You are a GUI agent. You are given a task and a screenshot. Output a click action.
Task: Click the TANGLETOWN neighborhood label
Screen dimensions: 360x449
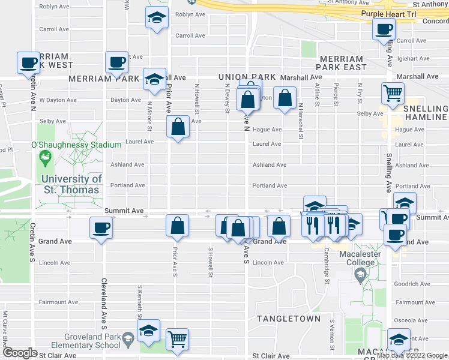point(288,319)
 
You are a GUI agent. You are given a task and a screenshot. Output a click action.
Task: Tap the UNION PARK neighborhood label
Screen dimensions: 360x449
point(247,77)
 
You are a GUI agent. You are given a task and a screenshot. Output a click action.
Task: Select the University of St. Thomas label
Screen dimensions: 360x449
point(71,184)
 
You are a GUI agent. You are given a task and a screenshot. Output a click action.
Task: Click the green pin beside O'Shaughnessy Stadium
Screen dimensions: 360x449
point(44,158)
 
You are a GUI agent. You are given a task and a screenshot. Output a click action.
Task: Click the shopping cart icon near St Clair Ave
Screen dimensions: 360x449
point(177,339)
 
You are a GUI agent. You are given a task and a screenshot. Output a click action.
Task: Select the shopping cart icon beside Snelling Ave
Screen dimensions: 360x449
point(393,93)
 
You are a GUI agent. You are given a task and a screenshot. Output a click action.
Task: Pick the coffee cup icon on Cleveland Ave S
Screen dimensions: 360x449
point(101,228)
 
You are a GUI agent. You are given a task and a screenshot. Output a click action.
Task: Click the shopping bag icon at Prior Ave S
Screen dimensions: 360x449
point(177,226)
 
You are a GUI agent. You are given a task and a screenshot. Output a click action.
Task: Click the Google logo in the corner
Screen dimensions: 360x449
point(20,353)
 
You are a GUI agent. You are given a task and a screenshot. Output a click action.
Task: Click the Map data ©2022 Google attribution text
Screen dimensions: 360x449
point(413,355)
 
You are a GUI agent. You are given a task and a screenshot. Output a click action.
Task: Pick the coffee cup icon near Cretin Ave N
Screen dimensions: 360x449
point(28,63)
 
